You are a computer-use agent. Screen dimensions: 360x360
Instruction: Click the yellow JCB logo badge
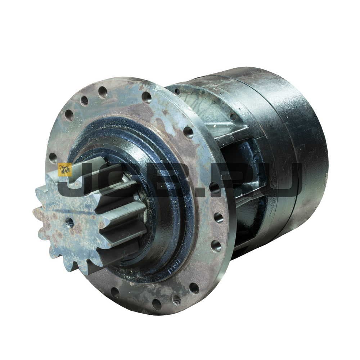65,170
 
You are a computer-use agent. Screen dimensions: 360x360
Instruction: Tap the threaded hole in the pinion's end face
69,221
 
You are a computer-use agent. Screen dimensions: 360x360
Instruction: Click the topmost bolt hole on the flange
103,92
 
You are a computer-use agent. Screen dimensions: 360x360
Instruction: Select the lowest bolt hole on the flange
157,304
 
